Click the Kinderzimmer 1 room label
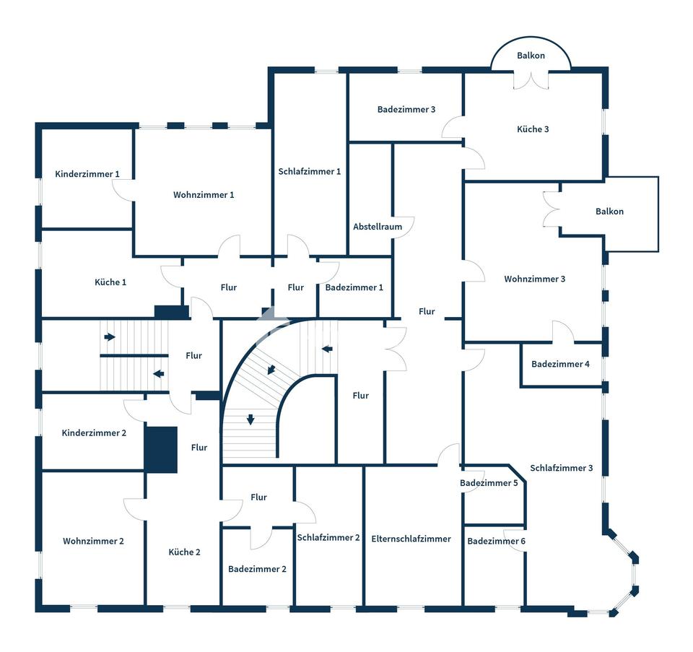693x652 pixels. coord(87,174)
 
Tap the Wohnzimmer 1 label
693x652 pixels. coord(204,195)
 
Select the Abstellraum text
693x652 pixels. coord(378,227)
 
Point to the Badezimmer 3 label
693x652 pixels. coord(406,110)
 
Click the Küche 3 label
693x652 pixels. coord(533,129)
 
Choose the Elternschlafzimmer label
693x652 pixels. coord(411,539)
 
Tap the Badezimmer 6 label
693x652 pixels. coord(496,542)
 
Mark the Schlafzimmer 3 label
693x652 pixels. coord(561,468)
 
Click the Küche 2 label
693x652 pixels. coord(185,552)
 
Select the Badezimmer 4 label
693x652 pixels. coord(560,364)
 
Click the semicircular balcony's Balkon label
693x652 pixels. coord(531,56)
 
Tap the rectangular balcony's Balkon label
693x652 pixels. coord(609,212)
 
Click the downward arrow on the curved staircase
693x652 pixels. coord(250,420)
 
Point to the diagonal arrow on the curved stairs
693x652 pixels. coord(271,370)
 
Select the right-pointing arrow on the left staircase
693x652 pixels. coord(110,336)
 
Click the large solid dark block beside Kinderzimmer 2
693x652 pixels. coord(161,449)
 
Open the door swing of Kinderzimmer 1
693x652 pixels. coord(123,190)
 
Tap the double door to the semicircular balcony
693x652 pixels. coord(531,79)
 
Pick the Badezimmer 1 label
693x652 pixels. coord(354,287)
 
